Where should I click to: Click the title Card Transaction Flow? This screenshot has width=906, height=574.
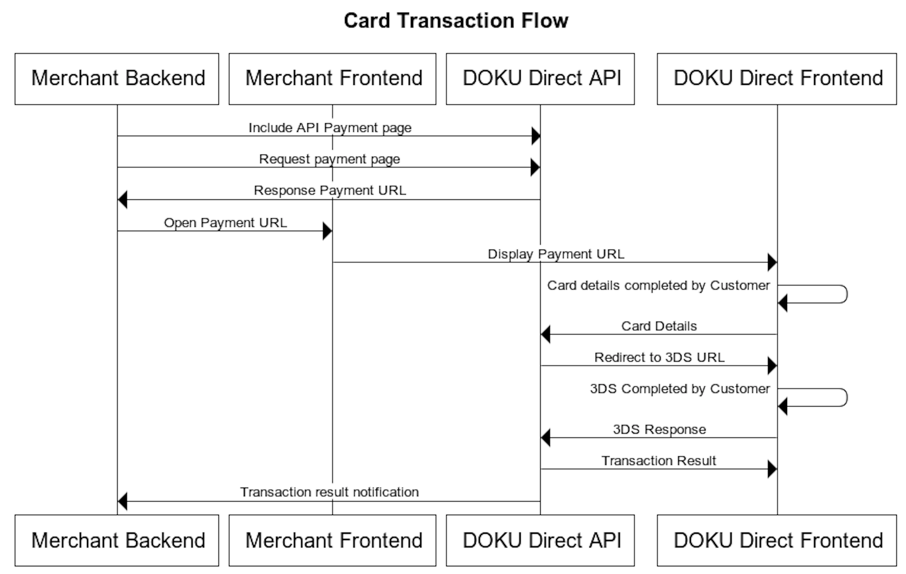(456, 21)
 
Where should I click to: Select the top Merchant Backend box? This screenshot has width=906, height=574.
(117, 79)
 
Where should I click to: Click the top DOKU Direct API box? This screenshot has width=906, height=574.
(540, 79)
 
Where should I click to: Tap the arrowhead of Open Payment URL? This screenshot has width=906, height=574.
(327, 231)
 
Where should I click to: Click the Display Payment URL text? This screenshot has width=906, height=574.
(556, 254)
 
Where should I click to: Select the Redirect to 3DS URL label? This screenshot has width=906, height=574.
(659, 357)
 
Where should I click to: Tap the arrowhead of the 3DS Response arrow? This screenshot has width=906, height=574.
(545, 438)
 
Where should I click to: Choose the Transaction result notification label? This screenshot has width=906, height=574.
(329, 492)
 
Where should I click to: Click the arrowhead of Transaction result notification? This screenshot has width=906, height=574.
(123, 501)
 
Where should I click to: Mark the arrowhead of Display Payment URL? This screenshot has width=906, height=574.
(772, 263)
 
